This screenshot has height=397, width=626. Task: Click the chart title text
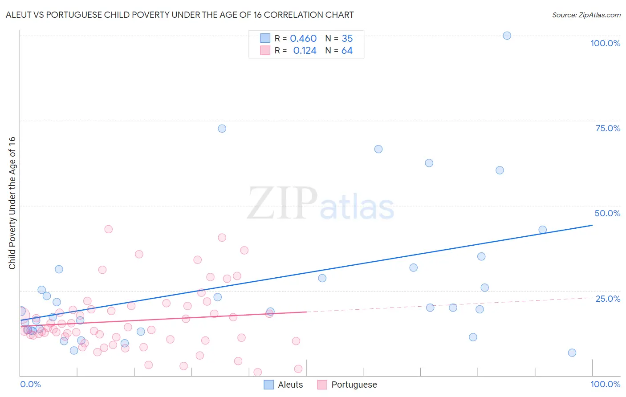click(180, 15)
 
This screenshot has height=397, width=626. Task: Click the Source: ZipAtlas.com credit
click(586, 15)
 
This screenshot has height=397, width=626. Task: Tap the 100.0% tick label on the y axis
click(605, 43)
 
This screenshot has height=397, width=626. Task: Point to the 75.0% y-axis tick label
click(608, 128)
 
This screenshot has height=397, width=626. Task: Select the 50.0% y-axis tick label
click(607, 213)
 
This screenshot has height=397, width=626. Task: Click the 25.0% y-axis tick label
click(608, 299)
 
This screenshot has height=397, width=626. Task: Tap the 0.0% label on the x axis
click(30, 384)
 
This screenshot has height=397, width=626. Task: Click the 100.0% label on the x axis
click(605, 384)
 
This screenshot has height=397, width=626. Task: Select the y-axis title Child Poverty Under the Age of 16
click(12, 203)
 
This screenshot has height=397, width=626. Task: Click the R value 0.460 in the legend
click(303, 39)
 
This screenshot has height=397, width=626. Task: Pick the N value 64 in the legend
click(347, 51)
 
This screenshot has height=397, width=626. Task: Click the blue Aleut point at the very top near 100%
click(507, 36)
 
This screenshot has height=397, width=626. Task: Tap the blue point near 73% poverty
click(222, 129)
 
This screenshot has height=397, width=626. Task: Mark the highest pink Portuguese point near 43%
click(108, 229)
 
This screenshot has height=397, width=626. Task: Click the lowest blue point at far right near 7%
click(572, 353)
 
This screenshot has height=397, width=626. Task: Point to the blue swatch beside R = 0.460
click(265, 38)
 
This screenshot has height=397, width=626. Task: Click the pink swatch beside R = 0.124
click(265, 50)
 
